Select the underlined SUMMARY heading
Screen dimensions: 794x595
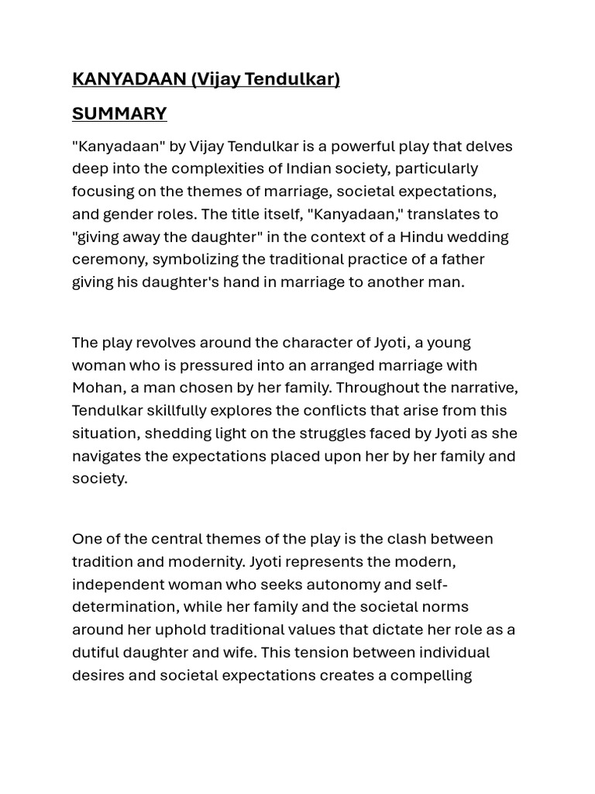click(x=119, y=114)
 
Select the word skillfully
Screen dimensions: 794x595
click(x=186, y=410)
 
